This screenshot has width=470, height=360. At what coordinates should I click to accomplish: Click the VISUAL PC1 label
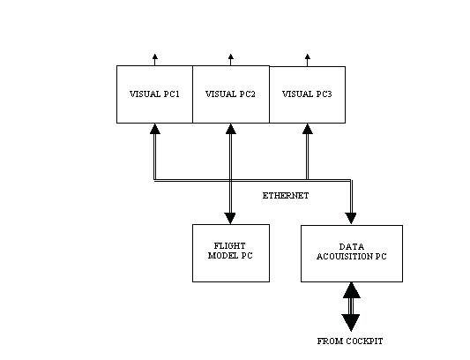[154, 94]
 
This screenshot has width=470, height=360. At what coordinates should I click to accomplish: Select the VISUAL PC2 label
[230, 94]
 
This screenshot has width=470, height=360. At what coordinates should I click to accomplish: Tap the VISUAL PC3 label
[307, 94]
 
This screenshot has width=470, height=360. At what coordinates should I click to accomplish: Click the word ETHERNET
[286, 196]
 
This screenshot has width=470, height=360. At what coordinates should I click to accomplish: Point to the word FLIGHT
[229, 246]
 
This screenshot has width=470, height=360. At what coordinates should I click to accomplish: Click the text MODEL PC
[230, 256]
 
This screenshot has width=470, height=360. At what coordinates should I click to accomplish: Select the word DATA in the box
[352, 247]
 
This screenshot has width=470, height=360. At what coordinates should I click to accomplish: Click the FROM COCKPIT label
[350, 341]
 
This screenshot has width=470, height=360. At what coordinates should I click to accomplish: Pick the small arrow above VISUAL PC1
[154, 60]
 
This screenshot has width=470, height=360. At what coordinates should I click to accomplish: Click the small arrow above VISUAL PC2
[230, 60]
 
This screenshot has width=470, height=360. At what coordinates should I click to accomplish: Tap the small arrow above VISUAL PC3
[307, 60]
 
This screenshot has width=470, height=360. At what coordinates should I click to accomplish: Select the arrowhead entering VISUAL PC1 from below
[155, 129]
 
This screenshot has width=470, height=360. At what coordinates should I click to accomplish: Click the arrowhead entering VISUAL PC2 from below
[230, 129]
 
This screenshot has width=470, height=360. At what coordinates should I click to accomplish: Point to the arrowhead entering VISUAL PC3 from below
[308, 129]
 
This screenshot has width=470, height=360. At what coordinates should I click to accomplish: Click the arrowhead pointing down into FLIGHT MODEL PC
[230, 219]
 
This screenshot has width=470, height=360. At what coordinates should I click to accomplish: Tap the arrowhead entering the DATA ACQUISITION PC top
[351, 219]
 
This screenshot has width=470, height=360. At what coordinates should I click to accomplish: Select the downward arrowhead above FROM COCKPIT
[351, 323]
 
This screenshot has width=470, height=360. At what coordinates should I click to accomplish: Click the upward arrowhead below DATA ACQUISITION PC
[351, 290]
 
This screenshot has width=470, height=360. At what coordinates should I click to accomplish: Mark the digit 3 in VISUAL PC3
[330, 94]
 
